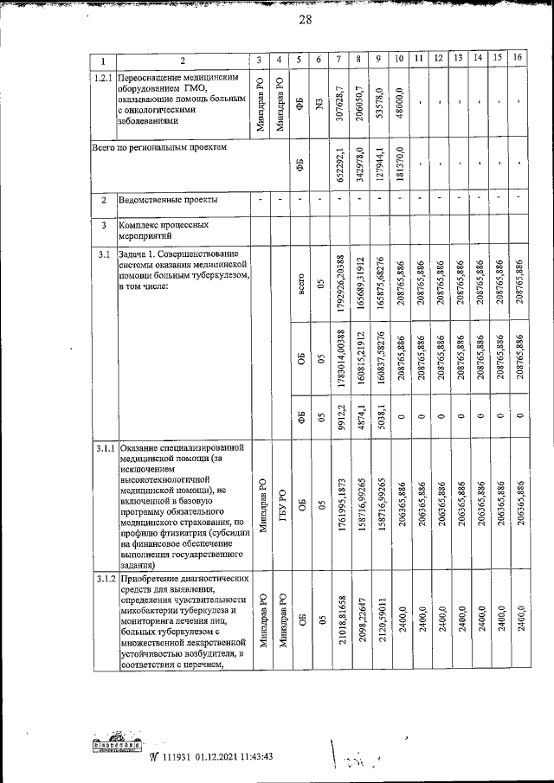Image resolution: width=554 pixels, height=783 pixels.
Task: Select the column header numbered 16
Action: (x=518, y=59)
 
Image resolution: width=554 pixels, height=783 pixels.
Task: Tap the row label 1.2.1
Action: (x=103, y=78)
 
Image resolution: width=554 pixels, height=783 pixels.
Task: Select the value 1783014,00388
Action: (x=339, y=364)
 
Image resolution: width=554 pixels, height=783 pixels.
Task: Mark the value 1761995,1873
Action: (x=339, y=506)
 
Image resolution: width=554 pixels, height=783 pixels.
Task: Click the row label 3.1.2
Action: (x=103, y=578)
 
